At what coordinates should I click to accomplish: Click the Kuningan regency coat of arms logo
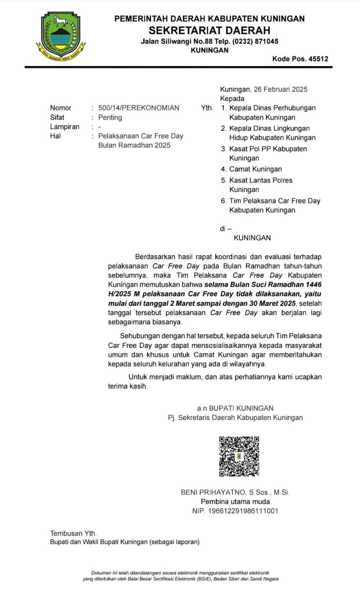point(60,36)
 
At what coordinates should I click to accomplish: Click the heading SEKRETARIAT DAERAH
point(209,30)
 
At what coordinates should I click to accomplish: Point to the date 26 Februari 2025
point(281,89)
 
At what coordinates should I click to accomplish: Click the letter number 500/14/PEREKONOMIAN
point(138,108)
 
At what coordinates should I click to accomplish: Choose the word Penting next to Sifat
point(110,117)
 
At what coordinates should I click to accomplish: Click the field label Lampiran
point(65,127)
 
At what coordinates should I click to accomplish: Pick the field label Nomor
point(60,108)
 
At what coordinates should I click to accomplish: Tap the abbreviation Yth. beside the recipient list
point(207,108)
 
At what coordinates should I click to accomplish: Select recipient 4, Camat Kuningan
point(255,169)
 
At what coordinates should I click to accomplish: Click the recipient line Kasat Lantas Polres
point(261,180)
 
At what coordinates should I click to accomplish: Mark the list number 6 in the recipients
point(223,201)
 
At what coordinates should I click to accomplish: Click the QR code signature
point(239,456)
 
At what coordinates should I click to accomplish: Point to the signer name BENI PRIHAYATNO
point(213,492)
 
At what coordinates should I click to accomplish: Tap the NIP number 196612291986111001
point(243,511)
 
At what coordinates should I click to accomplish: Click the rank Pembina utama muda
point(235,502)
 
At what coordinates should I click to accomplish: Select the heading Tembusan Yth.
point(73,533)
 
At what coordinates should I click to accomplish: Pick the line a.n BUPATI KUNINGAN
point(235,408)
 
